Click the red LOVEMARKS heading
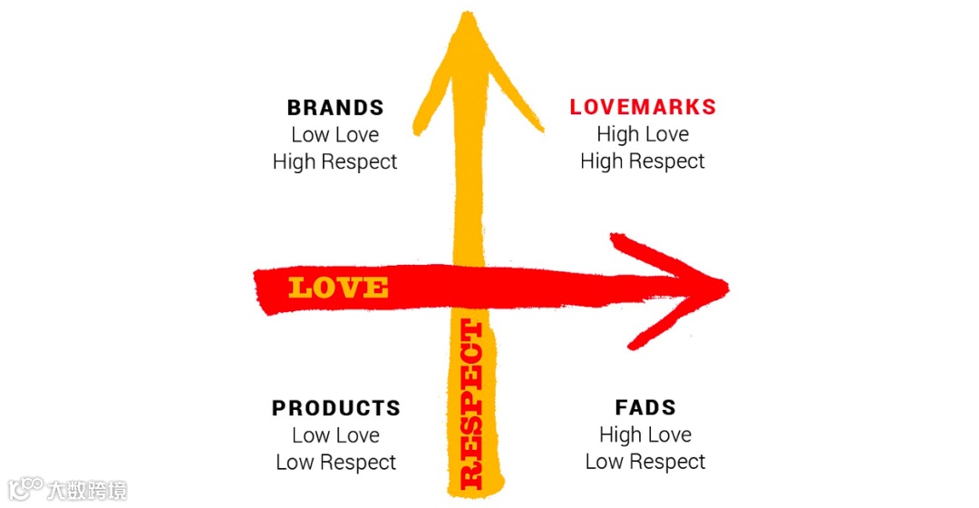[643, 107]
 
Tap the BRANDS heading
[335, 108]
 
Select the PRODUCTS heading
[335, 408]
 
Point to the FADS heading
[645, 408]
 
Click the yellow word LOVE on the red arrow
[338, 288]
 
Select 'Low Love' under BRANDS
[335, 135]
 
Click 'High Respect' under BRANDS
[335, 162]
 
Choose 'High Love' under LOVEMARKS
[643, 134]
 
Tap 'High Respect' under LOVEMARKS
[643, 161]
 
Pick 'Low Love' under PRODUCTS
[335, 435]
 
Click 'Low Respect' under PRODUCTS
[335, 463]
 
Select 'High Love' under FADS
[645, 435]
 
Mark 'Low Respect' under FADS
[645, 462]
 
